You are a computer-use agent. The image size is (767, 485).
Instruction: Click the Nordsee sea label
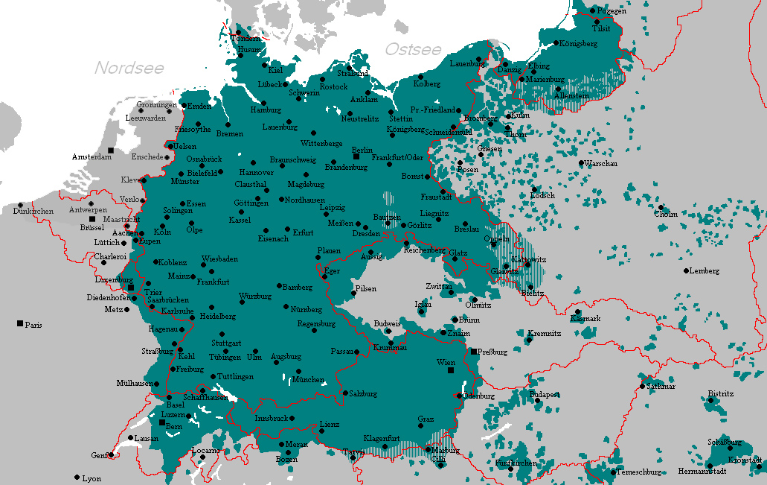[129, 68]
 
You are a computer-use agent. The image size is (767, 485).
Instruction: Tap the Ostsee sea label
[413, 50]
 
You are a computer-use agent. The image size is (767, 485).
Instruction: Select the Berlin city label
[362, 150]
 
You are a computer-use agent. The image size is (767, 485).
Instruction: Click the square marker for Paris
[20, 323]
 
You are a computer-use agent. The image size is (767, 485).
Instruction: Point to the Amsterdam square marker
[111, 150]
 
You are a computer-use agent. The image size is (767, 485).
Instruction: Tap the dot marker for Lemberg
[687, 270]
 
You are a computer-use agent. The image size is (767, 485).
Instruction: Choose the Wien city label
[446, 362]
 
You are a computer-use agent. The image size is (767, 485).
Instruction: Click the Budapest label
[544, 394]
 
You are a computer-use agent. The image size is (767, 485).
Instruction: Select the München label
[308, 379]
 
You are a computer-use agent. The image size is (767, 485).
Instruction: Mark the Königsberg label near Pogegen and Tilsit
[578, 43]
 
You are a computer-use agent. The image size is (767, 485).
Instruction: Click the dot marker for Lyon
[77, 478]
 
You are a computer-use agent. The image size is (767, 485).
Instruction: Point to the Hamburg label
[266, 110]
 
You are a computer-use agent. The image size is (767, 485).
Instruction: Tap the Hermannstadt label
[702, 471]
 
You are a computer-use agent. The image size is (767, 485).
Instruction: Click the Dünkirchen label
[33, 212]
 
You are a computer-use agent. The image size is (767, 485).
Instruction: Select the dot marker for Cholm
[660, 207]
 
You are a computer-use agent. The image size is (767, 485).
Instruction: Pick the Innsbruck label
[271, 419]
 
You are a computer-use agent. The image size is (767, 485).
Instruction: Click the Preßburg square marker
[473, 351]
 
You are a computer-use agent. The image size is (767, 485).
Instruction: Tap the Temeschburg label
[639, 472]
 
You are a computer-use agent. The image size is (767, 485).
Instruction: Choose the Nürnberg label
[307, 308]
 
